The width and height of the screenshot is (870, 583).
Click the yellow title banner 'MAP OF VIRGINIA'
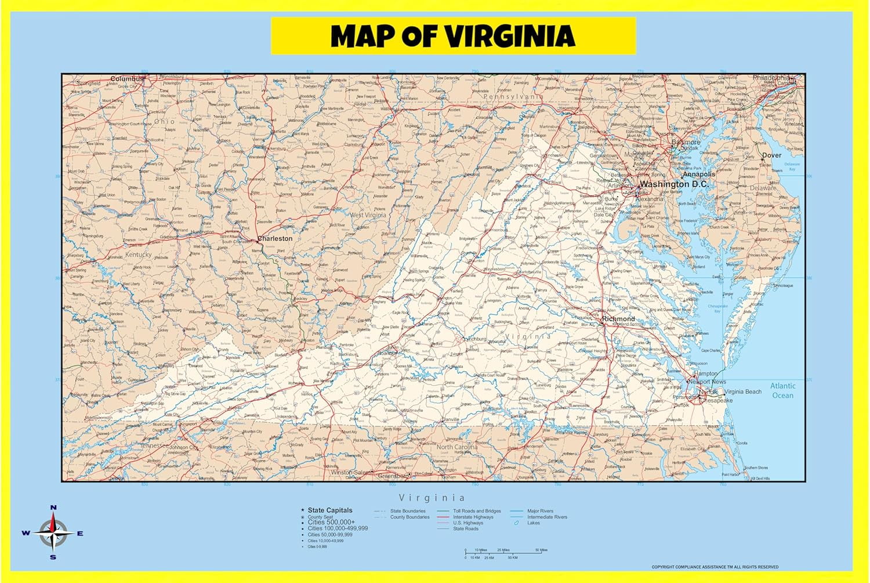[453, 36]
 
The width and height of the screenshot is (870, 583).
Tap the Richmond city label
[618, 319]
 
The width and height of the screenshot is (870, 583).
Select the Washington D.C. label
[673, 184]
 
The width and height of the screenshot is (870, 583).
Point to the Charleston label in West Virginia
[275, 238]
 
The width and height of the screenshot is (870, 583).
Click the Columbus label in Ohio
[127, 79]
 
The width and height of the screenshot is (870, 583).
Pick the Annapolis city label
[698, 174]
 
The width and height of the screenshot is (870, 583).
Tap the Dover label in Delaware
[771, 155]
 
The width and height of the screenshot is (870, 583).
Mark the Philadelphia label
[771, 78]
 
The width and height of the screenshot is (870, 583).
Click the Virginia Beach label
[743, 392]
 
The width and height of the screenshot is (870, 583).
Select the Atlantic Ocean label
[782, 390]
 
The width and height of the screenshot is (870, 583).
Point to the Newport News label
[708, 382]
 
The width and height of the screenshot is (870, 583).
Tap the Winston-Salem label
[349, 472]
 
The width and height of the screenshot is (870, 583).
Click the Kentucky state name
[138, 255]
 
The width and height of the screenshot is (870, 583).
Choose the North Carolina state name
[457, 447]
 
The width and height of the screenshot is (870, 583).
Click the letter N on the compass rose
[53, 508]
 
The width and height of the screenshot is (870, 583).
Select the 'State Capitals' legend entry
[329, 510]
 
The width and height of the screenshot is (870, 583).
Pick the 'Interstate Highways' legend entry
[473, 517]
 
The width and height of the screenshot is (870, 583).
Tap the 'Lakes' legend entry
[533, 523]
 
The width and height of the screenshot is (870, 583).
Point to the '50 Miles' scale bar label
[541, 550]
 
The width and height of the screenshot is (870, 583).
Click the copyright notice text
[715, 567]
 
